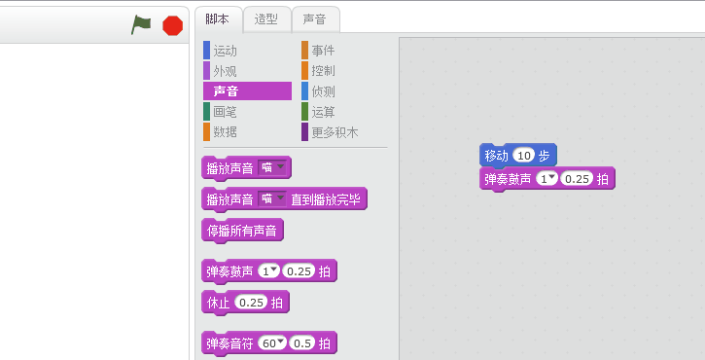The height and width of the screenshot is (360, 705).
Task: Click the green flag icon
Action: (142, 25)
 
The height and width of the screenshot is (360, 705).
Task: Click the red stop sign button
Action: (173, 25)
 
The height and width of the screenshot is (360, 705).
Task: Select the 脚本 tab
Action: (218, 18)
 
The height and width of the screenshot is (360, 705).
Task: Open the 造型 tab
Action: (265, 18)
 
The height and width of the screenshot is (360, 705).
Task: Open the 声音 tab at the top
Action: (314, 18)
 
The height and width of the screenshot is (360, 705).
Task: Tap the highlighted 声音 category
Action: (227, 91)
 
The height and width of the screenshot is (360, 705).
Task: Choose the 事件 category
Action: (324, 50)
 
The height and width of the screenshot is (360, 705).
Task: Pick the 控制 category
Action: (324, 71)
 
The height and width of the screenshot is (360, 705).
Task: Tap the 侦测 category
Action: (324, 91)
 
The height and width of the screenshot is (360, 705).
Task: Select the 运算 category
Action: (324, 112)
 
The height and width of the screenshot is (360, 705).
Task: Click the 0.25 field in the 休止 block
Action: (252, 303)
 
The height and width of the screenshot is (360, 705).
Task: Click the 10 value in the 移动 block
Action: (524, 156)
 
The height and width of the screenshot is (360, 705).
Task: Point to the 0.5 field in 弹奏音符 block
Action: (302, 343)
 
